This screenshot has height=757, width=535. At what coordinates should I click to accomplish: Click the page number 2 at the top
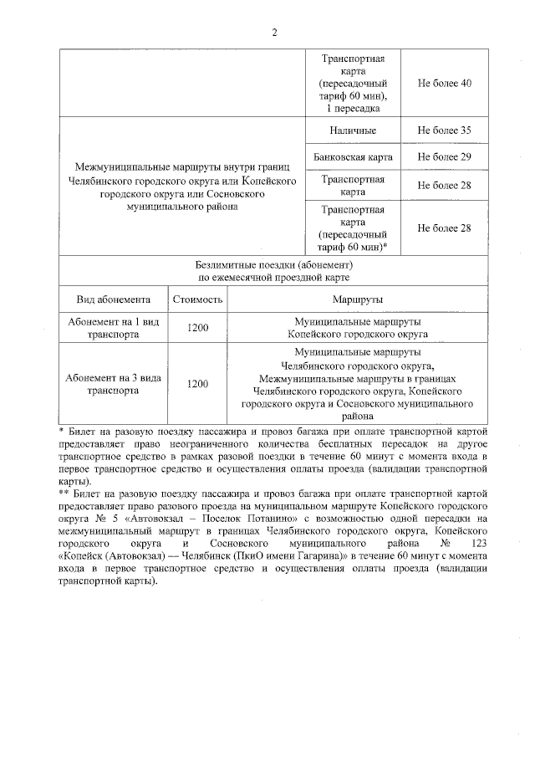tap(273, 33)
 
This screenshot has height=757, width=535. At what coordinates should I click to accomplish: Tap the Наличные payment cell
tap(352, 130)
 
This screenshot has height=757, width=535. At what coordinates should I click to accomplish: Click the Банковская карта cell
tap(352, 156)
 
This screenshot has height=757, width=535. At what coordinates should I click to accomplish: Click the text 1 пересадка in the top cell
tap(352, 109)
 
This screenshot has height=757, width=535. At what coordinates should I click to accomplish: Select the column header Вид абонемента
tap(113, 299)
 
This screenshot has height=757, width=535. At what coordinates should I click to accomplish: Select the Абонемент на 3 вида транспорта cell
tap(113, 383)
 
